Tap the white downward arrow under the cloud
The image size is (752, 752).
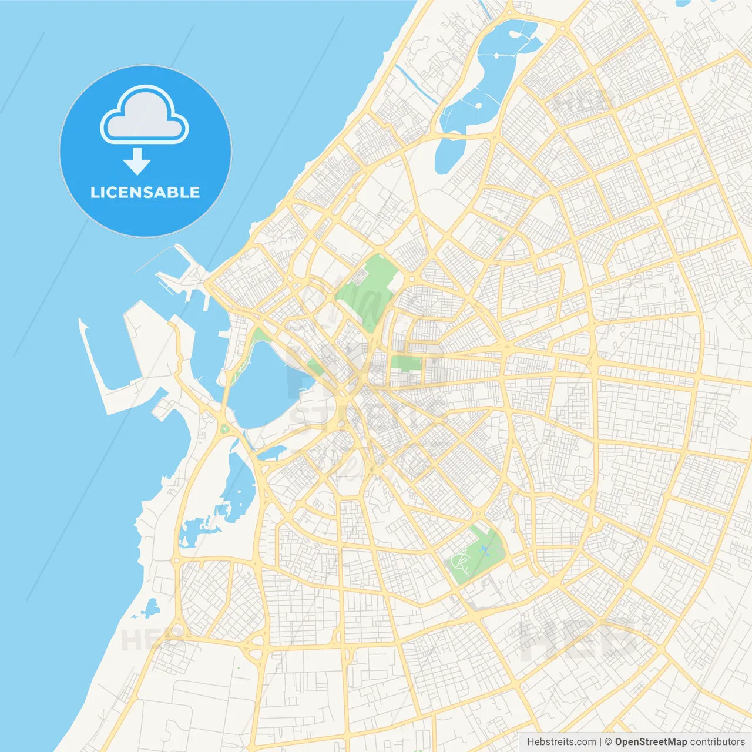137,162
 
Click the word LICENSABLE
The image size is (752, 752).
145,192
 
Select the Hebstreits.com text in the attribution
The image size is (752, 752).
562,742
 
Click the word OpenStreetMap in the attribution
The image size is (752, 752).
650,742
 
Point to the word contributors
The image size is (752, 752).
717,742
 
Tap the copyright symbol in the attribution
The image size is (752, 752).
608,742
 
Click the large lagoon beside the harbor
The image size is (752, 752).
264,388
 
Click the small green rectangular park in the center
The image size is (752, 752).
407,363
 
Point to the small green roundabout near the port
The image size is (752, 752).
224,429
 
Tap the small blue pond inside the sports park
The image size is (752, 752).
484,550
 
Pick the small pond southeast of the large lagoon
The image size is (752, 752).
271,452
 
